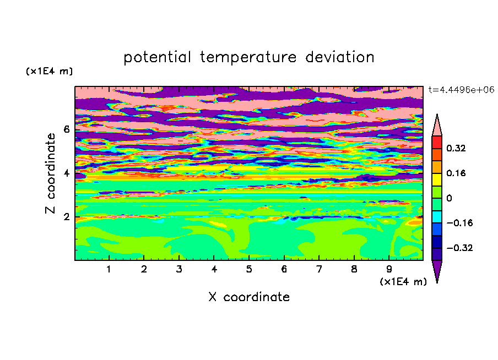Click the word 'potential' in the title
[157, 58]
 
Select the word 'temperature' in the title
[248, 58]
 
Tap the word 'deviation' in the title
[340, 57]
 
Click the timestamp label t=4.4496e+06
[462, 90]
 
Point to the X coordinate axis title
[249, 297]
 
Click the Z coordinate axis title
[51, 173]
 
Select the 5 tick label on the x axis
[249, 270]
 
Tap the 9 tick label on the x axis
[389, 270]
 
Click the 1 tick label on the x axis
[109, 270]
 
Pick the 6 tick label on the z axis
[66, 129]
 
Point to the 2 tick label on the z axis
[66, 217]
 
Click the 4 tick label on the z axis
[66, 173]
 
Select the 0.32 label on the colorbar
[456, 149]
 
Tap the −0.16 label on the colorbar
[459, 223]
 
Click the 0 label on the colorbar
[449, 198]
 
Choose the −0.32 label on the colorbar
[459, 248]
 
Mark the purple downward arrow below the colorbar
[437, 270]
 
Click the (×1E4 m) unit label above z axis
[49, 71]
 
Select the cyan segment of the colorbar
[437, 217]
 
